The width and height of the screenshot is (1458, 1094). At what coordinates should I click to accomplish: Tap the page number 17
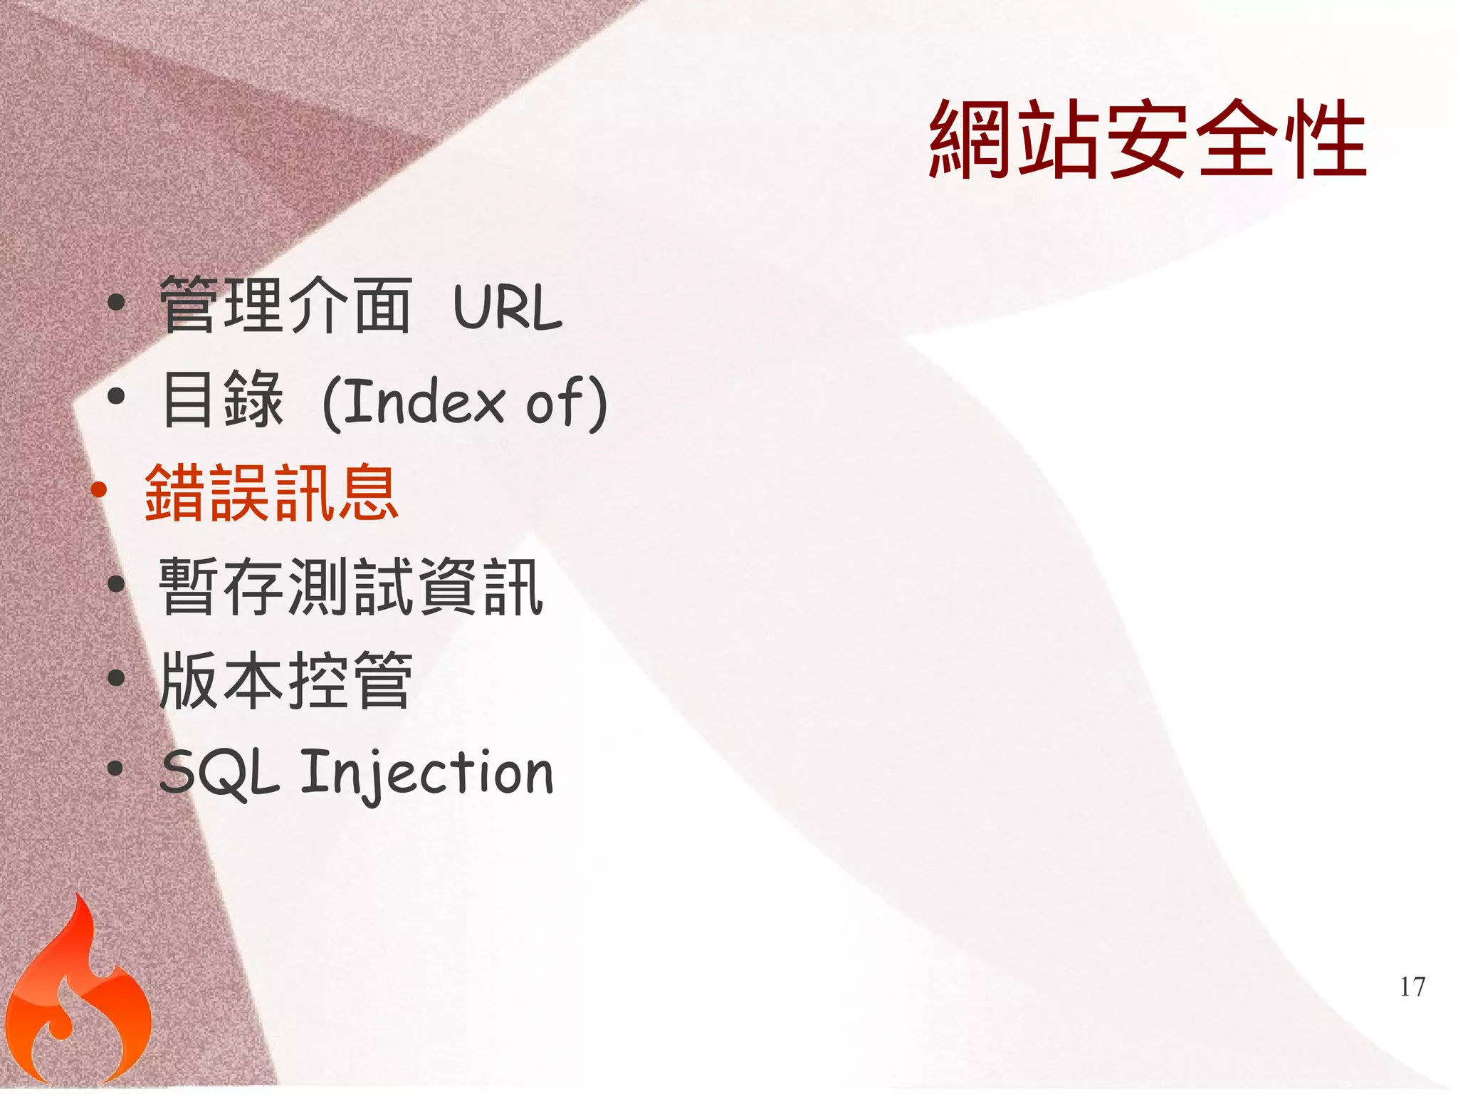[1412, 987]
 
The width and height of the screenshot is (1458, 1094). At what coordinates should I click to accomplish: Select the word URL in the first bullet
[508, 308]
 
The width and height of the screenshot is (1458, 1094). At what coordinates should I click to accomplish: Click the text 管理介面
[285, 306]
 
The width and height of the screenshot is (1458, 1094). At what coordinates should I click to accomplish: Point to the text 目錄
[223, 400]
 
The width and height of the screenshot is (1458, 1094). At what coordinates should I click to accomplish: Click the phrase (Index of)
[465, 402]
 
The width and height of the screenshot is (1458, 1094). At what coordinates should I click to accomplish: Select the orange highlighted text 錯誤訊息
[271, 493]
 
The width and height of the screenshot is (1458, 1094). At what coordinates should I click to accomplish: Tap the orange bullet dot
[99, 489]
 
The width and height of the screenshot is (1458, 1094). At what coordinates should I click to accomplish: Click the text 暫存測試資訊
[351, 587]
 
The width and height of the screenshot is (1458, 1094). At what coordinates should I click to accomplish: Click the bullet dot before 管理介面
[116, 303]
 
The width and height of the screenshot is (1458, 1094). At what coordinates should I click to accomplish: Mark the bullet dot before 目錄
[116, 396]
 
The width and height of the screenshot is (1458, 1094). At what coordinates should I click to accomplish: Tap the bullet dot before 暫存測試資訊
[116, 584]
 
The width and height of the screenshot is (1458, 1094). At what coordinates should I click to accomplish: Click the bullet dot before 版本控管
[116, 677]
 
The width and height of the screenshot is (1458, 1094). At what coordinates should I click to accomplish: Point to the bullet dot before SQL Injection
[116, 769]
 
